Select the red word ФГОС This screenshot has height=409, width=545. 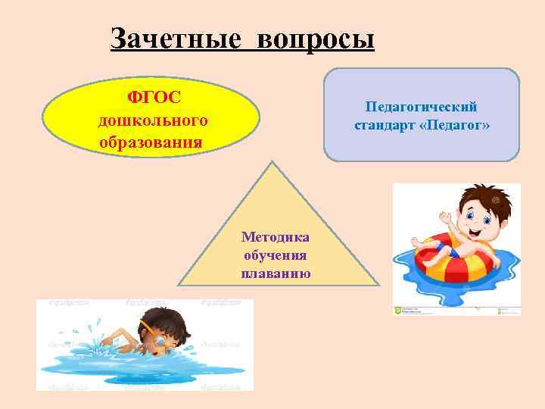pyautogui.click(x=151, y=98)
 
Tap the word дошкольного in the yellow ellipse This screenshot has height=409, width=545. pyautogui.click(x=152, y=120)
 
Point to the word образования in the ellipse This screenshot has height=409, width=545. pyautogui.click(x=151, y=142)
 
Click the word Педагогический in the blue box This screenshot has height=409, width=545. pyautogui.click(x=422, y=107)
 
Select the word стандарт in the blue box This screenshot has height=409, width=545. pyautogui.click(x=384, y=125)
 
